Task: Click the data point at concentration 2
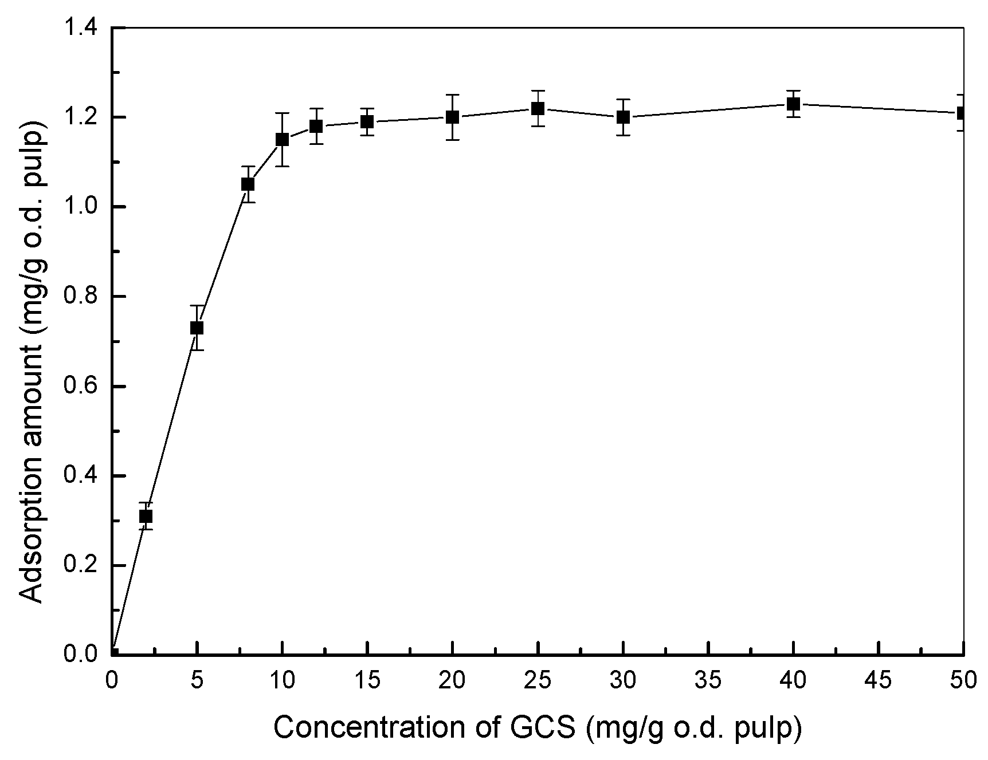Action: point(146,517)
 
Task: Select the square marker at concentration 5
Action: point(197,328)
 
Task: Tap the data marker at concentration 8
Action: point(248,184)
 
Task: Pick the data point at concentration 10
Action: point(282,139)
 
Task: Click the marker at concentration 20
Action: point(453,117)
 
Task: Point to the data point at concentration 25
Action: point(538,108)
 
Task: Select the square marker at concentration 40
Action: point(793,104)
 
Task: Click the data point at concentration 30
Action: point(623,117)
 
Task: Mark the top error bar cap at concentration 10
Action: point(282,113)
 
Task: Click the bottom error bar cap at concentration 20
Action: point(453,139)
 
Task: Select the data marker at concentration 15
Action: point(367,121)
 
